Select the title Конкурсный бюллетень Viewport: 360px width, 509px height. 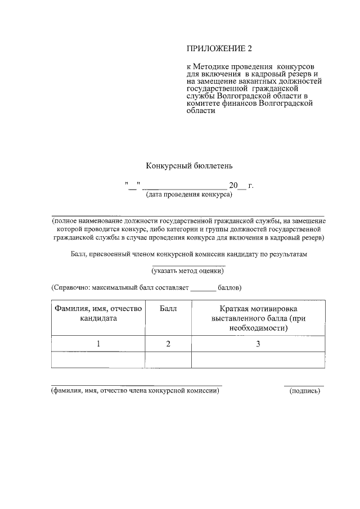coord(189,166)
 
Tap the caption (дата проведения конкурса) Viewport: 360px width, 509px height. coord(189,195)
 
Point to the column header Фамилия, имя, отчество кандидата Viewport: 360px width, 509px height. coord(98,313)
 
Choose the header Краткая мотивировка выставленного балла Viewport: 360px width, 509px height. coord(258,318)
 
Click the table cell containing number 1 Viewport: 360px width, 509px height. coord(98,344)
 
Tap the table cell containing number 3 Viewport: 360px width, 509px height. coord(258,344)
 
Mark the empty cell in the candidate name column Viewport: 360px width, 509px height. coord(98,360)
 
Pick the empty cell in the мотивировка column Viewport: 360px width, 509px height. coord(258,360)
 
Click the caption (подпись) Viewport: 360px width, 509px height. coord(304,392)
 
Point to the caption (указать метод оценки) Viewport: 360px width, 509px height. coord(188,271)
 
